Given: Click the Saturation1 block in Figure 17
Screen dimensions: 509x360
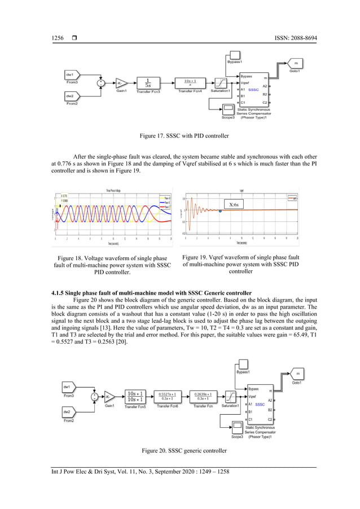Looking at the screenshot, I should coord(221,82).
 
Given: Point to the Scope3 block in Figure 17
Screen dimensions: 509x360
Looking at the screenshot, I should coord(229,109).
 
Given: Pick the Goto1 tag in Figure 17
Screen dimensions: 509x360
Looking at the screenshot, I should coord(295,64).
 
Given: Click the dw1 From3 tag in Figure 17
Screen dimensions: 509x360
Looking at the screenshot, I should coord(72,74).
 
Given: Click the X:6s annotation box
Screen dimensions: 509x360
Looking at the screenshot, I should coord(234,204).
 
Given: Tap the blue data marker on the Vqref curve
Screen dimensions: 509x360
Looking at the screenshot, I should coord(219,211).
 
